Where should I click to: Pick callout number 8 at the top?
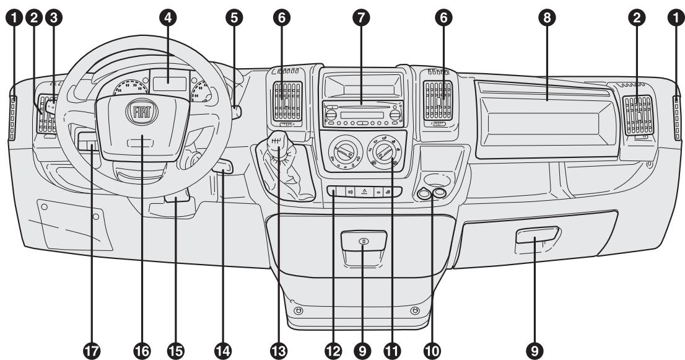[x=546, y=18]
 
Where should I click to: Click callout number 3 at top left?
[x=56, y=18]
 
